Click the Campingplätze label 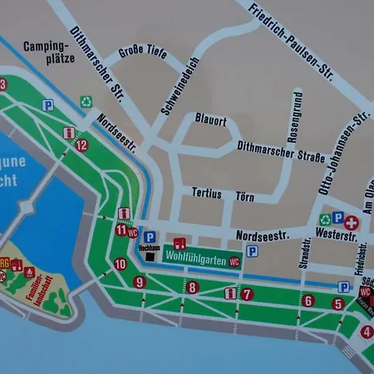[x=49, y=52]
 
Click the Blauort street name [x=211, y=119]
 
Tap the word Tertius [x=207, y=193]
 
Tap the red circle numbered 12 [x=81, y=145]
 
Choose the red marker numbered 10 [x=121, y=264]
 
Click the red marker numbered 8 [x=193, y=288]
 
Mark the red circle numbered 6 [x=308, y=300]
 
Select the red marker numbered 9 [x=140, y=283]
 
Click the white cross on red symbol [x=352, y=223]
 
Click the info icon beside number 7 [x=230, y=293]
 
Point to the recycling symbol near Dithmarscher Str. [x=86, y=101]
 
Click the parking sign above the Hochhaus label [x=150, y=237]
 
